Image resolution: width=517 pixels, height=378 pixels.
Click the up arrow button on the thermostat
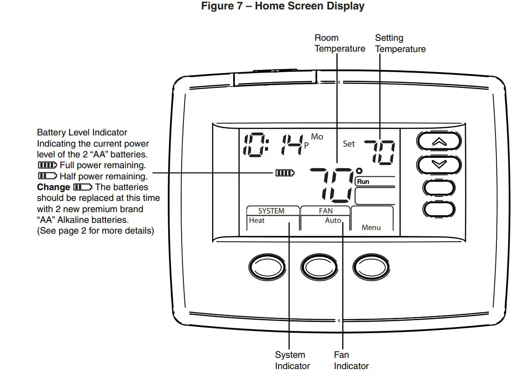point(439,142)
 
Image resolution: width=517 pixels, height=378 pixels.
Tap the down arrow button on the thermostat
point(439,165)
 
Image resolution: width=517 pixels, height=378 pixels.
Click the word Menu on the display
point(371,227)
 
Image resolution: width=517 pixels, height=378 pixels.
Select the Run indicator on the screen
point(363,182)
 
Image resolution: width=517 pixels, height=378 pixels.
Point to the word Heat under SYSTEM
point(257,220)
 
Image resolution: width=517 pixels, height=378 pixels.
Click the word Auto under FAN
point(333,220)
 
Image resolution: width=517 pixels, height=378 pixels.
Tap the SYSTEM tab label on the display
point(271,211)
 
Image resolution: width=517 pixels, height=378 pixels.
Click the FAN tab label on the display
point(326,211)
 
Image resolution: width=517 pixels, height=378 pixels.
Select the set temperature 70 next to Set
point(379,152)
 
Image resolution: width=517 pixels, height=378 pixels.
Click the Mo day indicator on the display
point(317,136)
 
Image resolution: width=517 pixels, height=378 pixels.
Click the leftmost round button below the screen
point(267,267)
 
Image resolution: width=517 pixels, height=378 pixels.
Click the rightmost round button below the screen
point(371,267)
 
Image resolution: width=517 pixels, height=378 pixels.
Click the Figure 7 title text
point(282,6)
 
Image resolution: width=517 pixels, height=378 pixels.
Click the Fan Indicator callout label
point(351,361)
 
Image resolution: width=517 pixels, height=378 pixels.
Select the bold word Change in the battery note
point(53,187)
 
